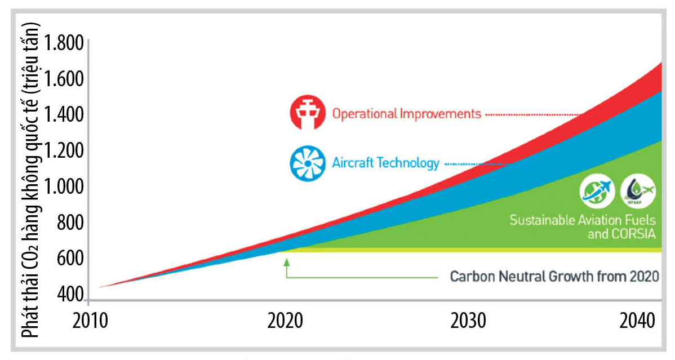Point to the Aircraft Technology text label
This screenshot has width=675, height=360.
[x=385, y=163]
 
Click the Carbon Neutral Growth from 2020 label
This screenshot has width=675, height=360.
[x=554, y=277]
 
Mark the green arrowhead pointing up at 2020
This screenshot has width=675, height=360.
[x=286, y=261]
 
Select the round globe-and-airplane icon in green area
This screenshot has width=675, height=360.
[x=597, y=192]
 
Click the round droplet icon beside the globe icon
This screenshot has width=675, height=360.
[x=637, y=192]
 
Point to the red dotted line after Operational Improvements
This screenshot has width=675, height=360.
[x=532, y=114]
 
